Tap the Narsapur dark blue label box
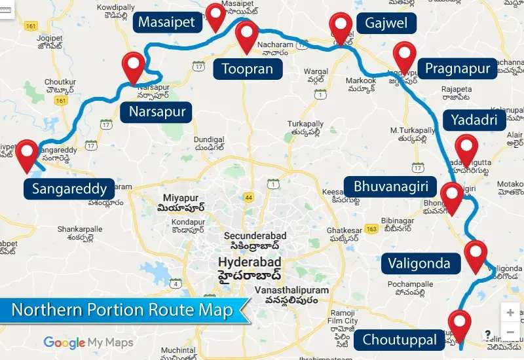coord(157,112)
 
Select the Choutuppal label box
coord(400,340)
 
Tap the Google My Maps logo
coord(88,342)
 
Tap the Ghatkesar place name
coord(344,230)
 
